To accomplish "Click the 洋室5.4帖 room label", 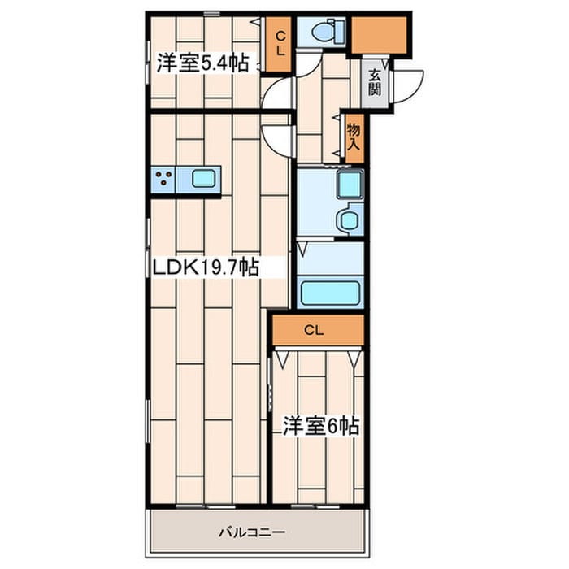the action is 202,63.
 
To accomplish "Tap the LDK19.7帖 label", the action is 206,267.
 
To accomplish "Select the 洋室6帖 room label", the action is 321,426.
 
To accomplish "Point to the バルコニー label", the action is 252,532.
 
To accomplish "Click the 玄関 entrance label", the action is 375,82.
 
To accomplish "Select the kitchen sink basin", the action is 203,179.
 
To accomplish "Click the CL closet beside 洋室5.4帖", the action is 280,44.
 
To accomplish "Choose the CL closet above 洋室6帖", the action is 318,330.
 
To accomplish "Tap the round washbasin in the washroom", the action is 348,220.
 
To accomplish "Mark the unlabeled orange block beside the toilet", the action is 379,35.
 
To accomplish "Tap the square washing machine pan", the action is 350,185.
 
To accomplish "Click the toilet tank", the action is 340,31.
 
